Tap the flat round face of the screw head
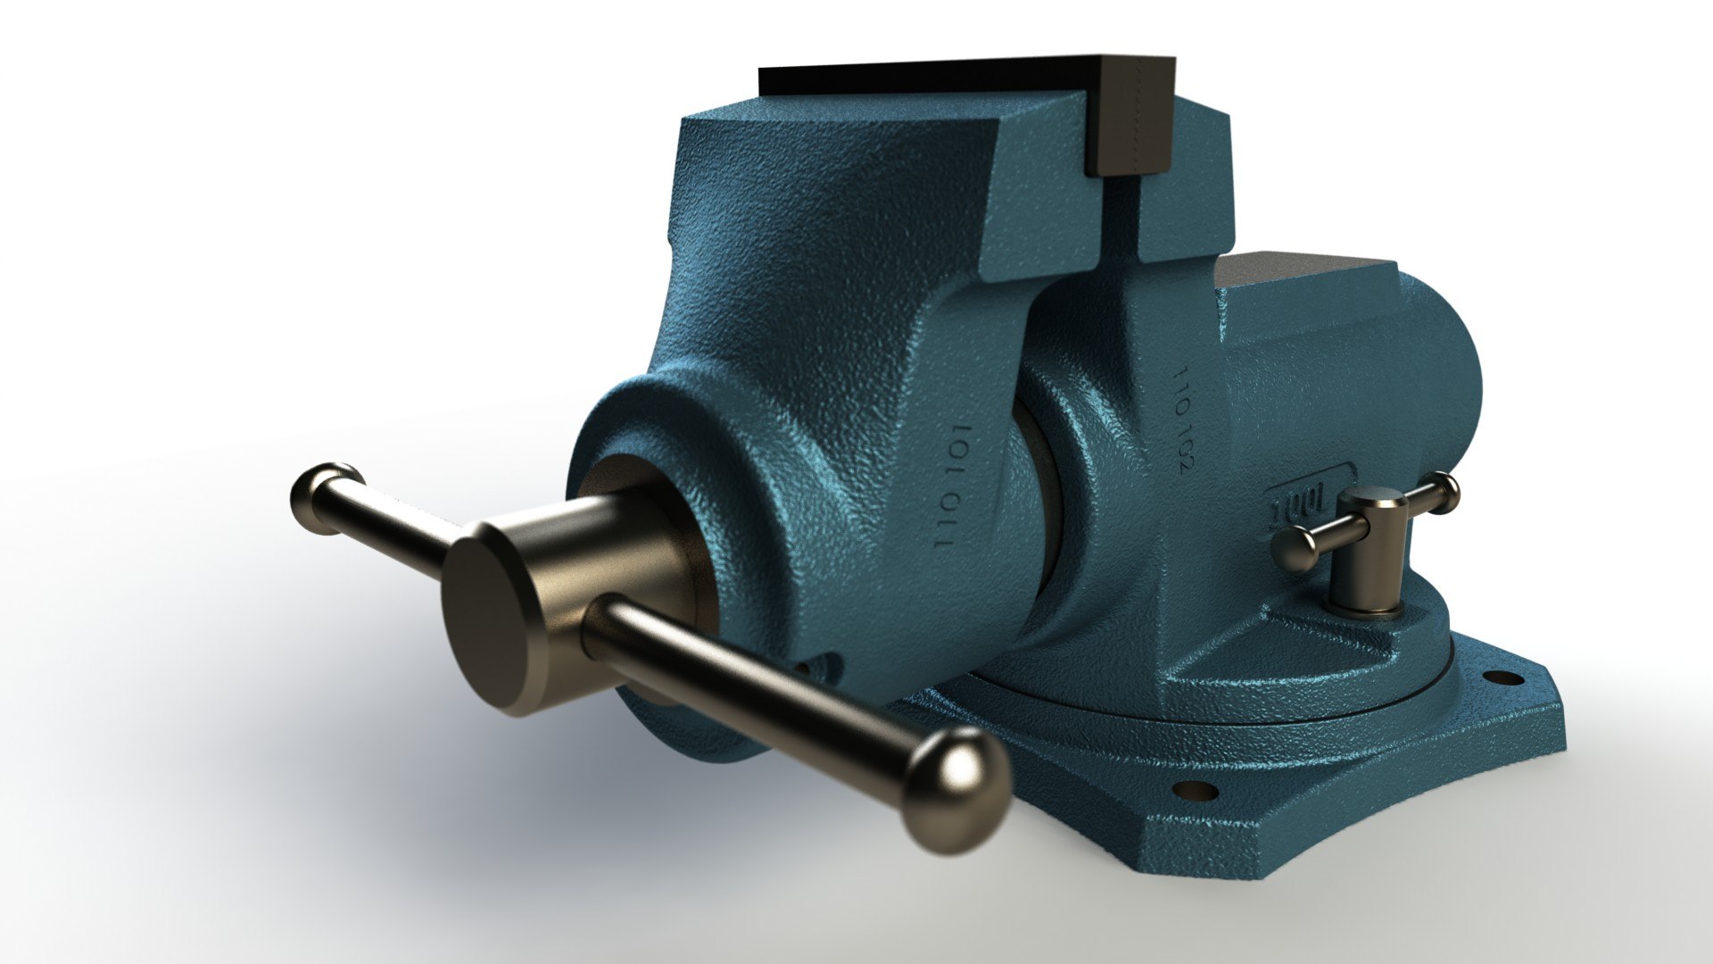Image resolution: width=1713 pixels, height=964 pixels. pos(486,615)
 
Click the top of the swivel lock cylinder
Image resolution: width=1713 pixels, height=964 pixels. pos(1375,505)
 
